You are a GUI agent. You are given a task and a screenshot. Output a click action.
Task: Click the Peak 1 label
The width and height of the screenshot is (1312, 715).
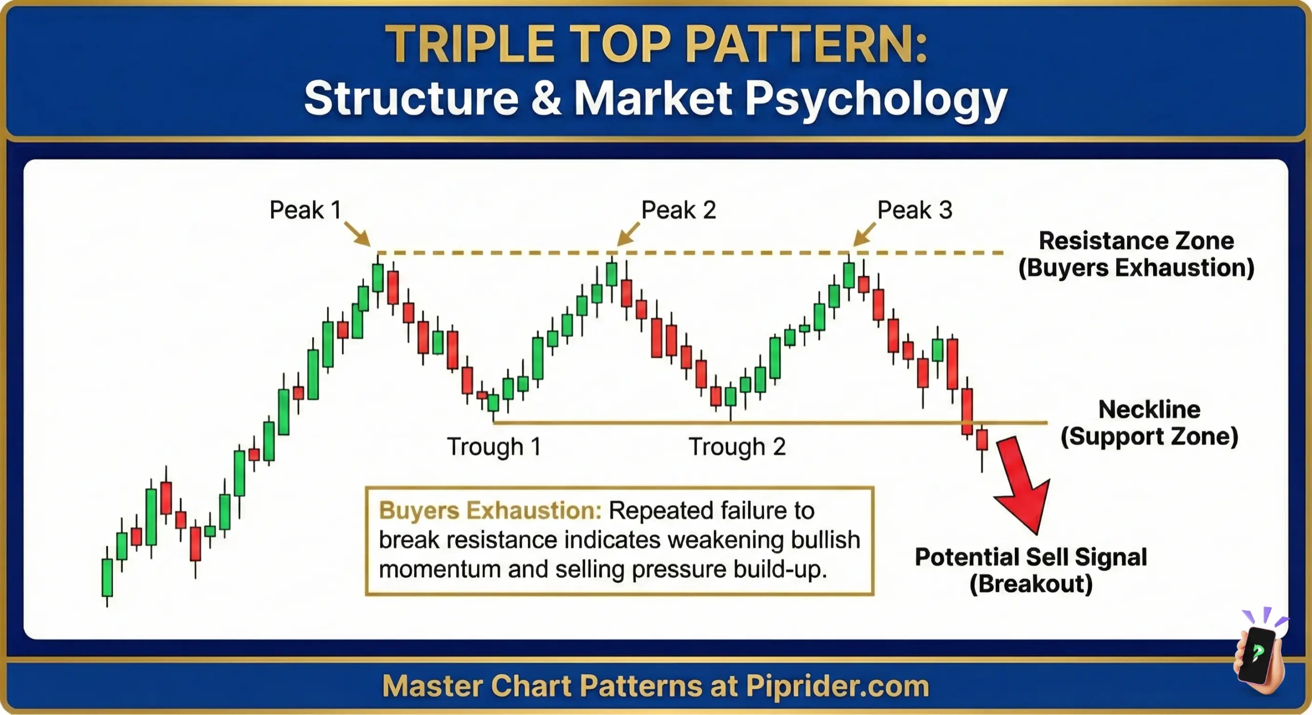point(305,210)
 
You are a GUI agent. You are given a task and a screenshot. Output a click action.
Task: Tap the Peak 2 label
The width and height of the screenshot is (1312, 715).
point(679,210)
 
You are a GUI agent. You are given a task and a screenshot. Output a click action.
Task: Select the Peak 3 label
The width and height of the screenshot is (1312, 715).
point(915,210)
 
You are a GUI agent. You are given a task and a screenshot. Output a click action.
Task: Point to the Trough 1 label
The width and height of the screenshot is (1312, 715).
point(494,447)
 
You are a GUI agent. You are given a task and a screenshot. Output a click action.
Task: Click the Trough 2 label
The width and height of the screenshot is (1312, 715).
point(737,447)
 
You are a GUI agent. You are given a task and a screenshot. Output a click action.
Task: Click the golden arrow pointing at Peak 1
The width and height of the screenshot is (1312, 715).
point(357,234)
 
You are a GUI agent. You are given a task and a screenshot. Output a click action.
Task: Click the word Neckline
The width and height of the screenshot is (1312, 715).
point(1149,410)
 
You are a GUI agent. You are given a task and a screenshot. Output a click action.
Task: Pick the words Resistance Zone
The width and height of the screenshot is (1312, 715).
point(1136,241)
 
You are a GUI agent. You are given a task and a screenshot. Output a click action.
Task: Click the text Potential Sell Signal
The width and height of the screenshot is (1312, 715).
point(1031,557)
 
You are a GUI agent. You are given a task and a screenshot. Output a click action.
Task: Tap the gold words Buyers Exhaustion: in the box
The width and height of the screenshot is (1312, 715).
point(490,511)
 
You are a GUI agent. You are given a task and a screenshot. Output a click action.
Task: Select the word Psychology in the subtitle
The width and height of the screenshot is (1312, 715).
point(876,98)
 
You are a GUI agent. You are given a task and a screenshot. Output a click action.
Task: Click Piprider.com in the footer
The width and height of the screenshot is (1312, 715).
point(837,686)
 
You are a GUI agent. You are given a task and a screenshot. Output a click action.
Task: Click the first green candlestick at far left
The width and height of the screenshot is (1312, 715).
point(107,577)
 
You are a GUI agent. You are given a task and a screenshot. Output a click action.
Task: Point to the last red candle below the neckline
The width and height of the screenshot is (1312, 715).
point(982,440)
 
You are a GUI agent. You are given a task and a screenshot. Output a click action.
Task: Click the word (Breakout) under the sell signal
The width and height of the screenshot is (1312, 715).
point(1031,584)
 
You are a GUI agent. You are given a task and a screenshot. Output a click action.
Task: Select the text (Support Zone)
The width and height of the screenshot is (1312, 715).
point(1149,437)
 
